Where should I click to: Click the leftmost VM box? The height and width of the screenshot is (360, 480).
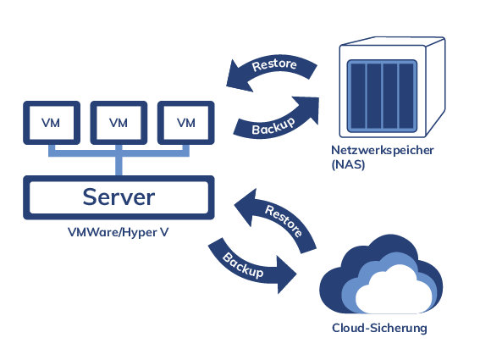(x=51, y=123)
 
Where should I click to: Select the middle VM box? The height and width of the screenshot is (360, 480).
(x=119, y=123)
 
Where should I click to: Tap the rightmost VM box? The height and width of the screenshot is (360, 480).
(x=185, y=123)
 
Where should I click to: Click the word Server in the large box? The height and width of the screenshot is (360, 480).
(x=119, y=197)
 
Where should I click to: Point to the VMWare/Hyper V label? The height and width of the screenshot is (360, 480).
(x=117, y=231)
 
